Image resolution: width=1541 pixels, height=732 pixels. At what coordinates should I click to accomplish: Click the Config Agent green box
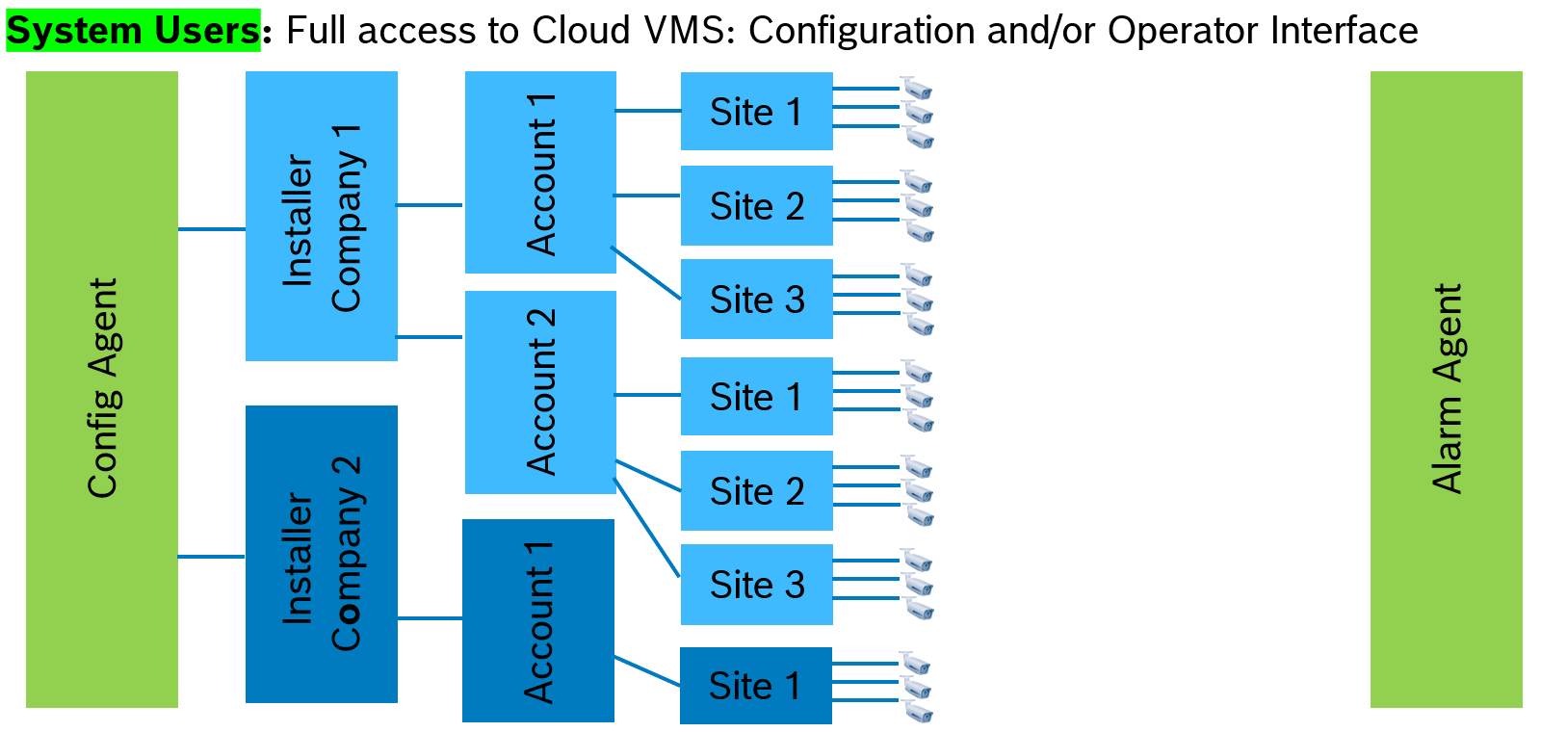[101, 389]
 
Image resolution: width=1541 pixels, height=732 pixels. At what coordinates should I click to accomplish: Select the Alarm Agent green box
[1446, 389]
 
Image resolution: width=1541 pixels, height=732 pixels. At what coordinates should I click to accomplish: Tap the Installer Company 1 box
[321, 216]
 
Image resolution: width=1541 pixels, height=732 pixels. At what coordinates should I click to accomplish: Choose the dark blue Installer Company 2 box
[321, 554]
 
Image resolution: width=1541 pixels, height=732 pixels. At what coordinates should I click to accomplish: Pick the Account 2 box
[540, 392]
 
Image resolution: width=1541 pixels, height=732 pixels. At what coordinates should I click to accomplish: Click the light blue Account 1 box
[540, 171]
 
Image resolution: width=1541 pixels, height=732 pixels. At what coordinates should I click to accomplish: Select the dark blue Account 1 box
[537, 620]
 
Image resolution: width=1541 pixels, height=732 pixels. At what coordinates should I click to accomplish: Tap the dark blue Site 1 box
[755, 686]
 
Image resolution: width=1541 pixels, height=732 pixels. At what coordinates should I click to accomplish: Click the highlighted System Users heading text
[133, 31]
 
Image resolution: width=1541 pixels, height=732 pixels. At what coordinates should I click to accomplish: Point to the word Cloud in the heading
[581, 31]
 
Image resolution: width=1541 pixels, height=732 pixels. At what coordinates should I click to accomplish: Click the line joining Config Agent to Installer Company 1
[212, 229]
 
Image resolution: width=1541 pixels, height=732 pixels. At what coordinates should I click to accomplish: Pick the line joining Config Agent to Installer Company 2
[212, 557]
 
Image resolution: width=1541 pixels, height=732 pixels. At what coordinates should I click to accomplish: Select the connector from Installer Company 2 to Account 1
[430, 618]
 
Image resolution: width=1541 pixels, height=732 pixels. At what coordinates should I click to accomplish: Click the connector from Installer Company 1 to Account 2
[430, 337]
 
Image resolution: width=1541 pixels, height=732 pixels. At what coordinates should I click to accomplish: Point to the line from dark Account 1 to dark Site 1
[647, 671]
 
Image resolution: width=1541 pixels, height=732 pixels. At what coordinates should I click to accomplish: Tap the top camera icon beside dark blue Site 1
[915, 664]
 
